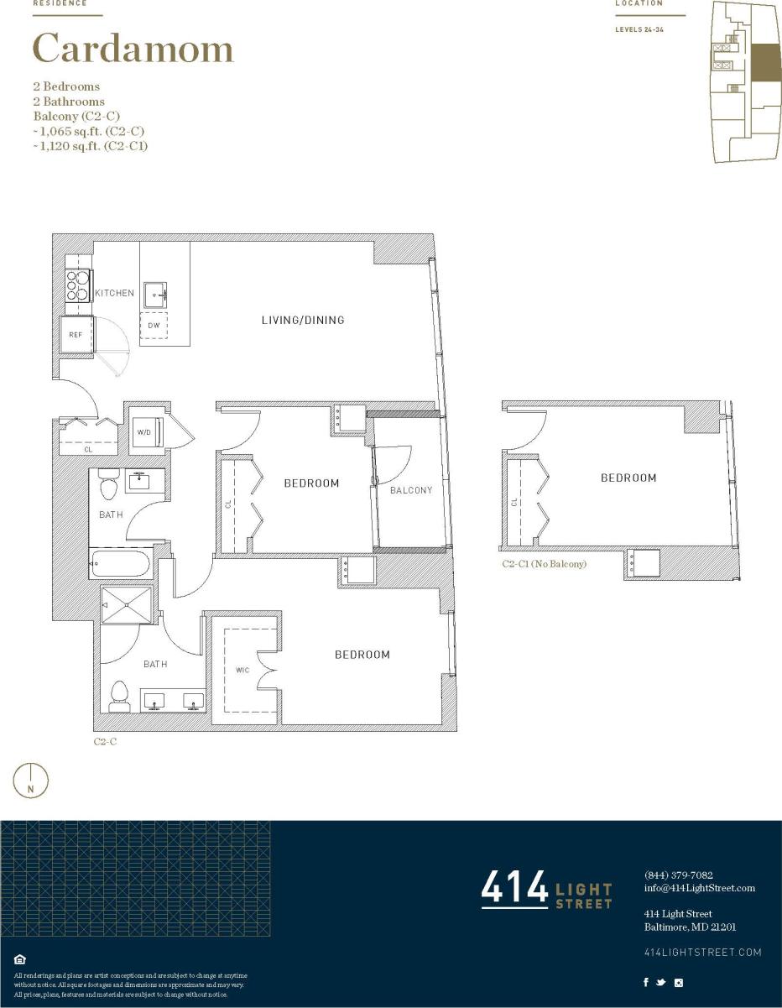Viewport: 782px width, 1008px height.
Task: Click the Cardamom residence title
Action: click(133, 49)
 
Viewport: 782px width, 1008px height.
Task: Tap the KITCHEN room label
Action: click(114, 293)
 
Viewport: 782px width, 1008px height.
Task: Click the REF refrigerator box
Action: click(75, 335)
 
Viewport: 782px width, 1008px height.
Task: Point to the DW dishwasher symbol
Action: click(153, 326)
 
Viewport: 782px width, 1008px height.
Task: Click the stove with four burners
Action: click(78, 285)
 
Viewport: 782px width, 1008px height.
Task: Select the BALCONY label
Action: click(411, 490)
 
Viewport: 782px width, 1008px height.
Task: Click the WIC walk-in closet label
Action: click(242, 670)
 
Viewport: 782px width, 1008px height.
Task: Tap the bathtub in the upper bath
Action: click(121, 563)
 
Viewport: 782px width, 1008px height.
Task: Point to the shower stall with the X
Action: click(127, 604)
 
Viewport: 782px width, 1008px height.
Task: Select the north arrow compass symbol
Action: click(31, 781)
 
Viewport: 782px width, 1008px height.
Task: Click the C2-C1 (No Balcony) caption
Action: click(544, 564)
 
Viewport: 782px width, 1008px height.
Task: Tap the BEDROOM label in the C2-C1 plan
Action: click(628, 478)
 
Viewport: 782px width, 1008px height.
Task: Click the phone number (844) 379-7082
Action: click(678, 875)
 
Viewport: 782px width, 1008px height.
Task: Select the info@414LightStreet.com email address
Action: click(699, 888)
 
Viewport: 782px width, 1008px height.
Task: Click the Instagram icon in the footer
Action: click(679, 983)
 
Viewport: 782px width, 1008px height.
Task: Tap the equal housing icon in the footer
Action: click(20, 959)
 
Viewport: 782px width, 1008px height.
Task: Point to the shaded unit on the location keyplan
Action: click(764, 63)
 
